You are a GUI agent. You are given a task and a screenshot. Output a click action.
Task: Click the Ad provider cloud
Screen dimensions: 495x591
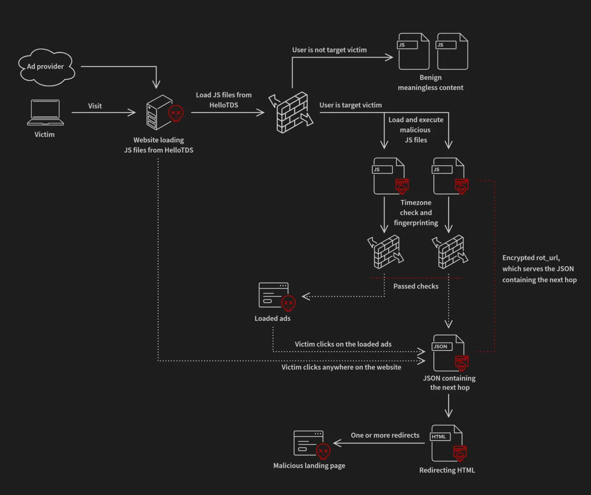46,67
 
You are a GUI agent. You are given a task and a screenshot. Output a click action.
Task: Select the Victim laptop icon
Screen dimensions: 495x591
45,112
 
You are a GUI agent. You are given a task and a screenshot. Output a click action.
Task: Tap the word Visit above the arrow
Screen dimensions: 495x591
95,106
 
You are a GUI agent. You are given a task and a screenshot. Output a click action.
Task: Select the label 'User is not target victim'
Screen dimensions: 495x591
329,50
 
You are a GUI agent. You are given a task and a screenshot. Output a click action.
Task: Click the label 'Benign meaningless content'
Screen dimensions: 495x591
430,82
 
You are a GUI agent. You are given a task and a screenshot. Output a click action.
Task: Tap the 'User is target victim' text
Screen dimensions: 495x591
351,105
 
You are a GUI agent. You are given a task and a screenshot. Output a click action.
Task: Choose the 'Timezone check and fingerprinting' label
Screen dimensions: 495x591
416,213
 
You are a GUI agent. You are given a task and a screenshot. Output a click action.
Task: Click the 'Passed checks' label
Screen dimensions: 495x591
416,286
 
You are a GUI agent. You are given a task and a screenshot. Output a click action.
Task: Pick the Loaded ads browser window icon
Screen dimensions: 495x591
274,295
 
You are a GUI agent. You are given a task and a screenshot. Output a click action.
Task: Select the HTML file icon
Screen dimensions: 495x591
447,442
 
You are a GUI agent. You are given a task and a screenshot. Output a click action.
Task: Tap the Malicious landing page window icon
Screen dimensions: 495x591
309,443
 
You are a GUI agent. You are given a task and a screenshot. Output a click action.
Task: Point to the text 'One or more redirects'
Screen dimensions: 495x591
385,435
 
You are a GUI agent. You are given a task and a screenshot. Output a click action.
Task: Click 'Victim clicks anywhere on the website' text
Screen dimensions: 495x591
341,367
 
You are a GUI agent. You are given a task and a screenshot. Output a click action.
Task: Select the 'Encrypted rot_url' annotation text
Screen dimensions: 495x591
539,269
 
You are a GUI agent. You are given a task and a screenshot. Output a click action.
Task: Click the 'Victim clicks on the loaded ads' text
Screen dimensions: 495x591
343,344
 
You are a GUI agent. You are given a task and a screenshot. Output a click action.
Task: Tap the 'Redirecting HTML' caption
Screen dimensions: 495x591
447,470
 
